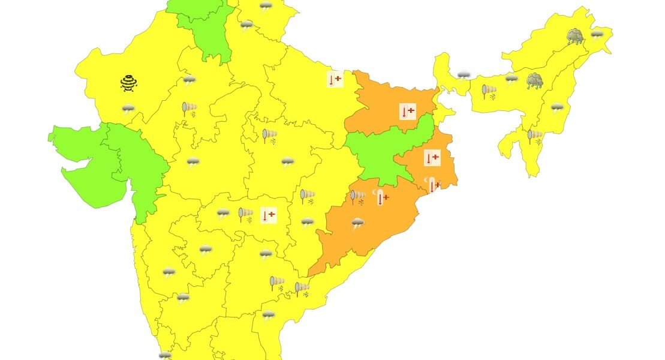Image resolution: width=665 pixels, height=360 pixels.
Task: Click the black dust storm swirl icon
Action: point(129,83)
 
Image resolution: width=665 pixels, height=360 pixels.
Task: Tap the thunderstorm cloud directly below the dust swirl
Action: point(128,109)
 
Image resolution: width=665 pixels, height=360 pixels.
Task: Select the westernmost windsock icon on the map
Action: point(189,109)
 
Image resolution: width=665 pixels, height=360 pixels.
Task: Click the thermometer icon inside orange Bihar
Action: point(408,111)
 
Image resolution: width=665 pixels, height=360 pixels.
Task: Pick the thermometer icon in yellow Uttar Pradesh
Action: point(335,79)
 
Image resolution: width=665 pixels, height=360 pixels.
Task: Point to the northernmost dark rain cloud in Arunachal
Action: point(576,37)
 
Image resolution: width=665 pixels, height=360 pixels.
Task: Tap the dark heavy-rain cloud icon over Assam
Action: point(534,80)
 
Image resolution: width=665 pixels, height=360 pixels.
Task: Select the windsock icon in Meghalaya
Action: point(489,91)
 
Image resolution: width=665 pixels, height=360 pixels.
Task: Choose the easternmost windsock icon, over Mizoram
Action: point(534,136)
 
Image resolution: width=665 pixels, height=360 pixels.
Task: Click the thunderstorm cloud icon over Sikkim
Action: point(464,75)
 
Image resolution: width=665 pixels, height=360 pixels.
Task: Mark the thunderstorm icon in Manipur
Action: point(557,108)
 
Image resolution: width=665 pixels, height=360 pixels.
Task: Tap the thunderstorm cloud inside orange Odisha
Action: point(358,224)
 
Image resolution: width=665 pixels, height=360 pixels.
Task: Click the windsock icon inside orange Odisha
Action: point(357,196)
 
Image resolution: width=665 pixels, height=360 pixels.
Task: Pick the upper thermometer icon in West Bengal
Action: point(432,158)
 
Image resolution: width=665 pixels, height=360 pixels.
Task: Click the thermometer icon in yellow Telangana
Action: point(268,215)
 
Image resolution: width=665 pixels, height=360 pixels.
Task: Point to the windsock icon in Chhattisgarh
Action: point(307,196)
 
